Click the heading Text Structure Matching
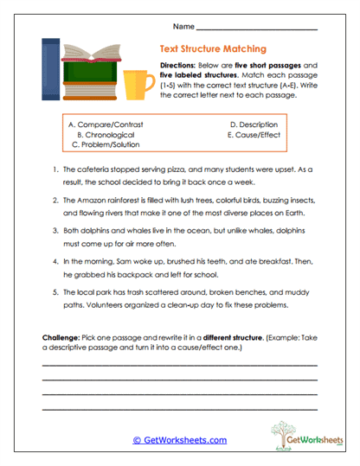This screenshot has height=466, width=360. tap(213, 49)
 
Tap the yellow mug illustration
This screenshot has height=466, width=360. tap(136, 83)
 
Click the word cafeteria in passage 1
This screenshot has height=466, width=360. tap(92, 170)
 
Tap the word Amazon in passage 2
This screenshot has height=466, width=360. tap(89, 200)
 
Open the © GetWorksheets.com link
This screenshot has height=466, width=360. tap(179, 440)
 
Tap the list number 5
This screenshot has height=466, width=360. tap(55, 291)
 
